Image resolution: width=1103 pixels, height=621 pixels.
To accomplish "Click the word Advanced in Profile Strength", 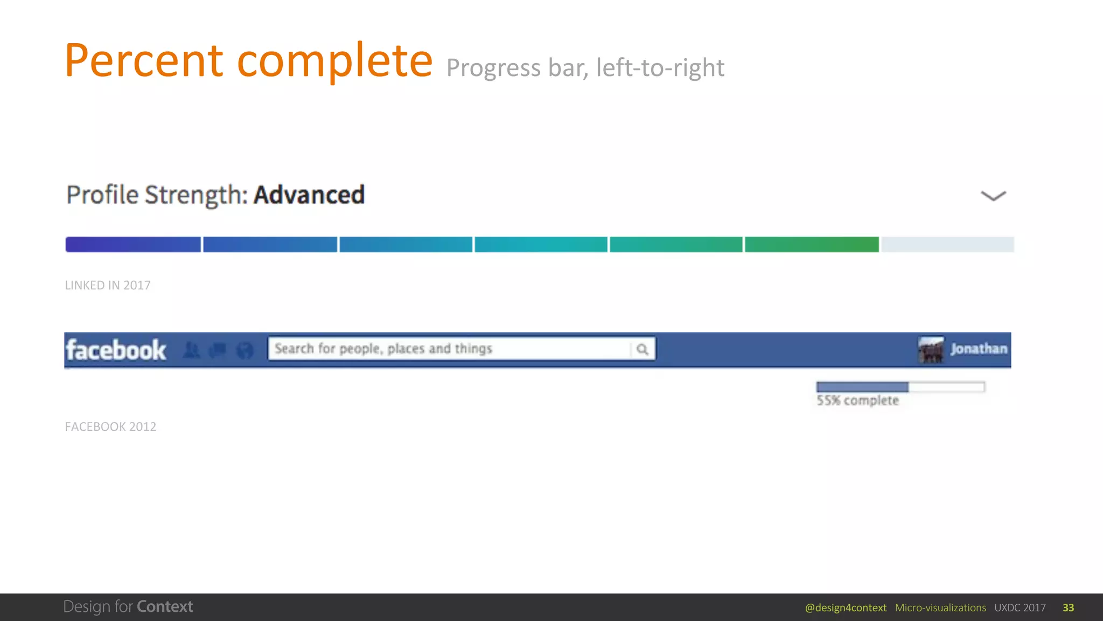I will pyautogui.click(x=309, y=195).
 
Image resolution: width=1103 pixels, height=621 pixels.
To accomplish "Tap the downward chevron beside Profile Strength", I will pyautogui.click(x=993, y=196).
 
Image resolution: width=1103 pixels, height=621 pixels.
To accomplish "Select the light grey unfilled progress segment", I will pyautogui.click(x=947, y=244).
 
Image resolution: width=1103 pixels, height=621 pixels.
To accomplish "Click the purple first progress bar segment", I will pyautogui.click(x=133, y=244).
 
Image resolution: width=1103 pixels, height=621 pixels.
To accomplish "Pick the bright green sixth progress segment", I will pyautogui.click(x=812, y=244).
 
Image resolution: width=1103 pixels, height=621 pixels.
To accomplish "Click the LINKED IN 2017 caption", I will pyautogui.click(x=108, y=285).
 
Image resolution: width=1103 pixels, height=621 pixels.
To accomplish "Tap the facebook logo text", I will pyautogui.click(x=116, y=350).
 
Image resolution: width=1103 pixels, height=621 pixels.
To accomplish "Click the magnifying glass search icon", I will pyautogui.click(x=642, y=349).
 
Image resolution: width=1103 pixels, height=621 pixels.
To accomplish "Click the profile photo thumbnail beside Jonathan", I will pyautogui.click(x=931, y=350).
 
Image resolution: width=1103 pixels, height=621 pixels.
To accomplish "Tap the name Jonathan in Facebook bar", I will pyautogui.click(x=979, y=349).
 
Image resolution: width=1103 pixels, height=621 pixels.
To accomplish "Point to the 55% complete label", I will pyautogui.click(x=857, y=401).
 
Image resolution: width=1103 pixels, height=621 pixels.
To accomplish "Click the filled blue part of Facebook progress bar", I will pyautogui.click(x=862, y=387).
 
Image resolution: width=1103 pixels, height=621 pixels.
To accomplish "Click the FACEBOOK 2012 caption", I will pyautogui.click(x=110, y=427).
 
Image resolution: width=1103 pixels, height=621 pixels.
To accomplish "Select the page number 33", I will pyautogui.click(x=1068, y=608).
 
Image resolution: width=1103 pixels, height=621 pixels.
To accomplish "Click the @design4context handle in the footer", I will pyautogui.click(x=846, y=608).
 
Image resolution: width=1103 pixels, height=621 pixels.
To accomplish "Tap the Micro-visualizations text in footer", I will pyautogui.click(x=940, y=608).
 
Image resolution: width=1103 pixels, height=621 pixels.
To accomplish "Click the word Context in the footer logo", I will pyautogui.click(x=165, y=606).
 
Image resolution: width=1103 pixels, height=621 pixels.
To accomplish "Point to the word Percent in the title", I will pyautogui.click(x=144, y=60).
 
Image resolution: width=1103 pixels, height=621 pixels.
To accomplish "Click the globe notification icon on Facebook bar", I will pyautogui.click(x=245, y=350).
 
